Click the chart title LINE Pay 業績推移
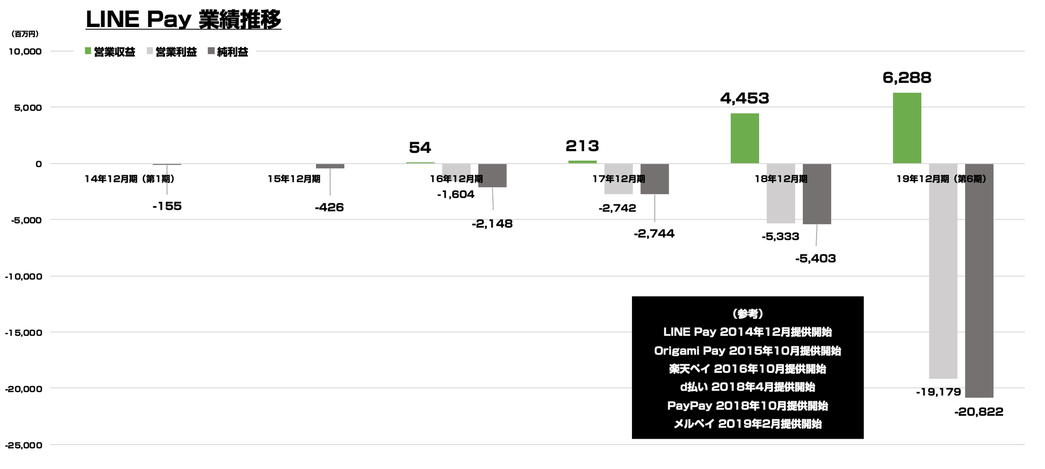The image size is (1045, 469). tap(183, 20)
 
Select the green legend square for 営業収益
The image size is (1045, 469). tap(88, 51)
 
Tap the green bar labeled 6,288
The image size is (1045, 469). tap(907, 128)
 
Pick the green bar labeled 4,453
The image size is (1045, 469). tap(745, 138)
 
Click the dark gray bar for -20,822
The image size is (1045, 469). tap(979, 280)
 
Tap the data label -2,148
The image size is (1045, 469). tap(492, 224)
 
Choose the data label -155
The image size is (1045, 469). tap(167, 207)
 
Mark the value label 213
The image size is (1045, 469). tap(582, 146)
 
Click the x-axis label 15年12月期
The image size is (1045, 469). tap(294, 179)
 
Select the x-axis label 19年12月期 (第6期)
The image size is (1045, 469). tap(941, 179)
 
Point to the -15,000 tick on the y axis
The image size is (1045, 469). tap(23, 333)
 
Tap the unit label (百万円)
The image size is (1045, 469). tap(25, 34)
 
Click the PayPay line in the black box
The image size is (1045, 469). tap(747, 406)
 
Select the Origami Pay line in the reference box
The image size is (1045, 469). tap(747, 351)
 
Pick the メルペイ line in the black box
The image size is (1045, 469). tap(747, 424)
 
